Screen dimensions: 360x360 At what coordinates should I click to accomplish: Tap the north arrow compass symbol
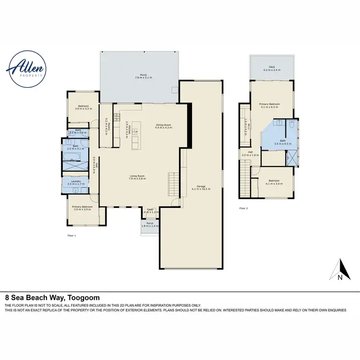[339, 270]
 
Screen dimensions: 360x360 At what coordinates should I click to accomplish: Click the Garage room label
[201, 188]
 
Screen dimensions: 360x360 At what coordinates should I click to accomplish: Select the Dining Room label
[164, 127]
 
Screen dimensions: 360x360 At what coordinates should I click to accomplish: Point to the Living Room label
[137, 177]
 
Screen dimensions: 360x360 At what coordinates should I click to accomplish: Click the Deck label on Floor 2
[271, 68]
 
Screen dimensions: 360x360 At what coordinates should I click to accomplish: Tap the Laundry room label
[76, 182]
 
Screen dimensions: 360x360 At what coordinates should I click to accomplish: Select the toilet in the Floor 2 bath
[292, 126]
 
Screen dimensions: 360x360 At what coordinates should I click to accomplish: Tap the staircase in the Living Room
[173, 183]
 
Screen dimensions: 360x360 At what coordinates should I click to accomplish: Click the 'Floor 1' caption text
[72, 235]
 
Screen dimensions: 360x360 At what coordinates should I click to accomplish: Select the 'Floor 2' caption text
[244, 208]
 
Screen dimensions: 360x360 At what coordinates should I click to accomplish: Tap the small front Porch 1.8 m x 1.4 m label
[150, 224]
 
